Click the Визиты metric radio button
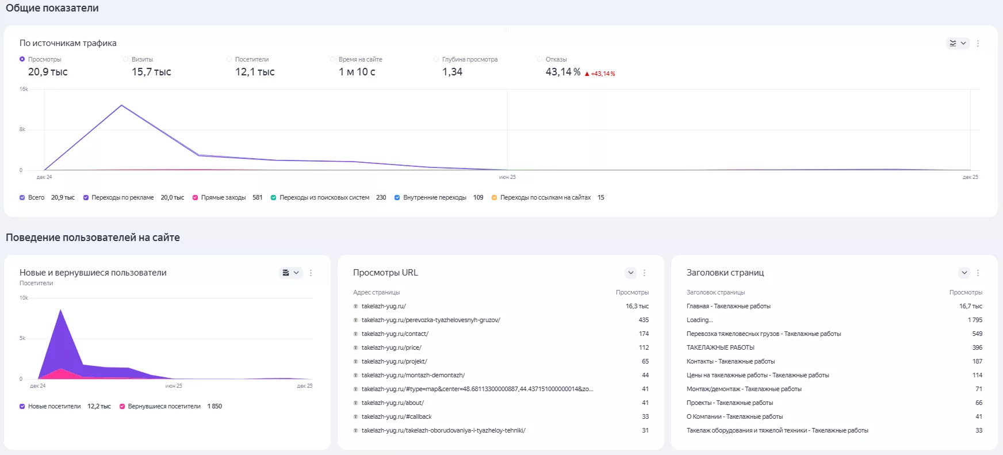[125, 59]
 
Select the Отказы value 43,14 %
[563, 72]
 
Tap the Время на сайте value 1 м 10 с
[357, 72]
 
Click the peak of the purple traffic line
[121, 105]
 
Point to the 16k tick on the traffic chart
[24, 89]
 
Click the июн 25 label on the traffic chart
[507, 177]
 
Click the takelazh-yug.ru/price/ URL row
[392, 347]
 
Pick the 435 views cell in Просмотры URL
[644, 320]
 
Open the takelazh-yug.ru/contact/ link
[395, 334]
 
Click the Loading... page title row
[700, 320]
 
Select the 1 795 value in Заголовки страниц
[975, 320]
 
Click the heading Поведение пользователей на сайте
[93, 238]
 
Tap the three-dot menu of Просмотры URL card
[644, 273]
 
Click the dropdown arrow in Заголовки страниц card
[964, 273]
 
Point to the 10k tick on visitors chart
[24, 298]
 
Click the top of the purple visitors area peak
[60, 309]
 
